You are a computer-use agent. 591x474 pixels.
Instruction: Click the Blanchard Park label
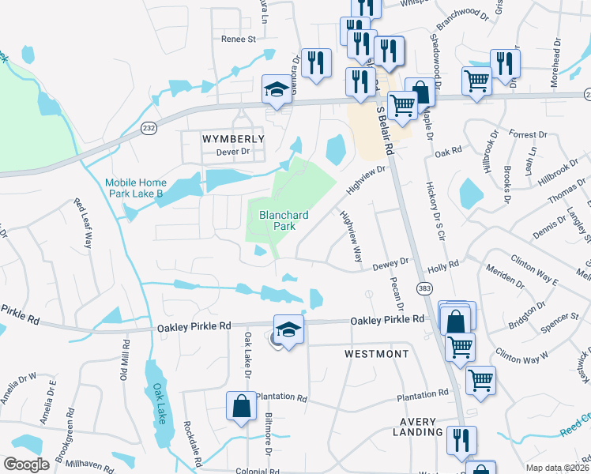coord(279,220)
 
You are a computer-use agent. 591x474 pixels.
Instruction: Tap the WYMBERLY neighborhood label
coord(233,138)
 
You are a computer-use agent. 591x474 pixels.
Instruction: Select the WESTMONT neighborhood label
coord(377,354)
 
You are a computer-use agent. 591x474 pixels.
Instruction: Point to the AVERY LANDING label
coord(417,427)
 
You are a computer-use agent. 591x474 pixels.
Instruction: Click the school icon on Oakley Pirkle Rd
coord(288,328)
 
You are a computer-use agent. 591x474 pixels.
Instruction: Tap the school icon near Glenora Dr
coord(277,88)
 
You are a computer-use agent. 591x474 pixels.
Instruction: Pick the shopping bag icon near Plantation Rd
coord(241,407)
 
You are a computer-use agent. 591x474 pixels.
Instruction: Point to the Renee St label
coord(239,38)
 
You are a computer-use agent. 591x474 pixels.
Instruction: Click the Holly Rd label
coord(442,265)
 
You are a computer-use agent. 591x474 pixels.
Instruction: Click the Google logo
coord(27,464)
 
